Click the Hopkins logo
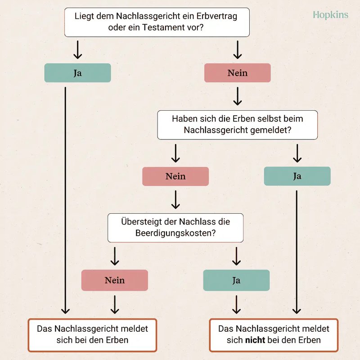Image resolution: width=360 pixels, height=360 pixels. click(330, 15)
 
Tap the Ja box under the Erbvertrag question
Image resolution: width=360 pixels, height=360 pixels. click(77, 73)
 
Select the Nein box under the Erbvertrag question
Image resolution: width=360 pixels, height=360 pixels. click(238, 73)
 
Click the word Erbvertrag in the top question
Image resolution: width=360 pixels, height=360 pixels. click(216, 16)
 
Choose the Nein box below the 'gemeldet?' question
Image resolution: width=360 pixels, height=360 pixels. click(175, 176)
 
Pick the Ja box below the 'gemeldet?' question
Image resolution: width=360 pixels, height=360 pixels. click(297, 176)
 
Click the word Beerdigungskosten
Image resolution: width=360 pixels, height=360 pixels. click(175, 233)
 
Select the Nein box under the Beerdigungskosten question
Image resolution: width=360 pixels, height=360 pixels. click(115, 280)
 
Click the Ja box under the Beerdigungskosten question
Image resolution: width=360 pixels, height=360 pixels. click(236, 280)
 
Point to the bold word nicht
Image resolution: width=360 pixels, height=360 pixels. click(255, 340)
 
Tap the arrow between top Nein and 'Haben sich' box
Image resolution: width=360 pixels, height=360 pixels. click(238, 96)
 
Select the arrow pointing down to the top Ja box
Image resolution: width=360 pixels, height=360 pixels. click(77, 50)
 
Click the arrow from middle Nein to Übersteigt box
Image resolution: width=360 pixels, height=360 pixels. click(175, 199)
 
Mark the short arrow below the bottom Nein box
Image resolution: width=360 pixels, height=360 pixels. click(115, 305)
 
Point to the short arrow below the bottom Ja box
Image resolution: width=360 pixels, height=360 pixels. click(236, 305)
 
